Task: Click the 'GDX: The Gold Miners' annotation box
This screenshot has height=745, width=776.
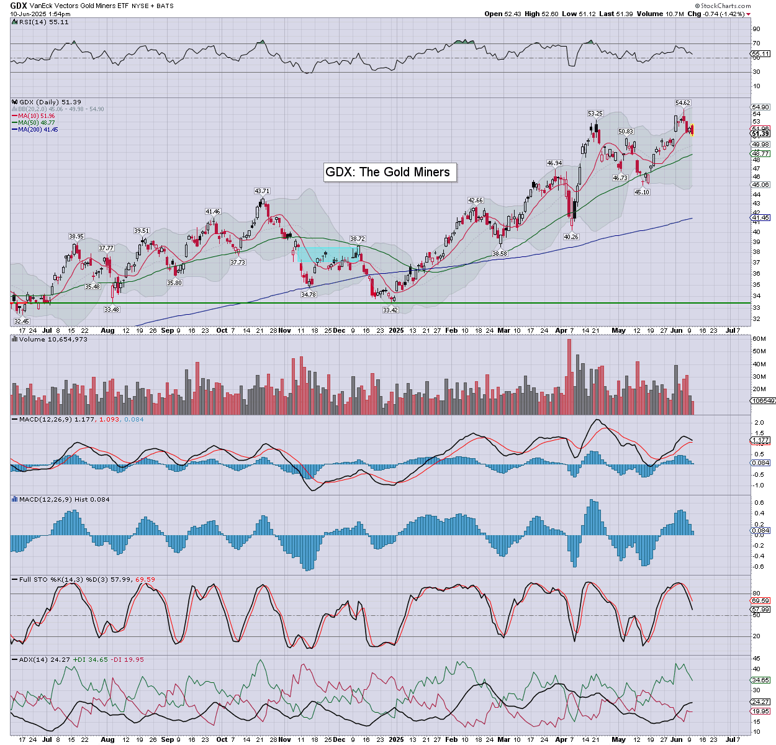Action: point(388,172)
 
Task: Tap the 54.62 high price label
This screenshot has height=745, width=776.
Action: point(682,102)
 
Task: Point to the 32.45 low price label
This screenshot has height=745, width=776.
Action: point(22,321)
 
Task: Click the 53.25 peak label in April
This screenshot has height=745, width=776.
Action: point(595,114)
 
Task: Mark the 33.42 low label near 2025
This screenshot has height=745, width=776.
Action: point(390,310)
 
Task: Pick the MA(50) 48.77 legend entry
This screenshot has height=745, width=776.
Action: point(37,122)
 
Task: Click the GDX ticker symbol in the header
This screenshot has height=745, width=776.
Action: point(19,6)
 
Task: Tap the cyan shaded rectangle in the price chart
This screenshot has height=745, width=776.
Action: point(327,254)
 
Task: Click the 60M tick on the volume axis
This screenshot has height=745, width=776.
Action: point(759,339)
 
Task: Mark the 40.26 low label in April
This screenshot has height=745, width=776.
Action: point(571,237)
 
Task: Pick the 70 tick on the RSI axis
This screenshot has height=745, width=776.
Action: point(756,43)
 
